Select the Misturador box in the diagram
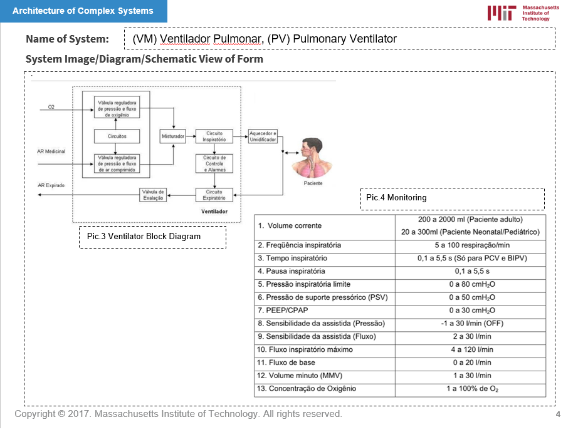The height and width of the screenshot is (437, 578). click(172, 136)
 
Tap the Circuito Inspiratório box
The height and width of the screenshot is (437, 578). click(214, 136)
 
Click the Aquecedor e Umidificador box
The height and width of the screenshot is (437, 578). click(263, 136)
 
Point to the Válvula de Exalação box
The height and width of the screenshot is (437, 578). click(153, 195)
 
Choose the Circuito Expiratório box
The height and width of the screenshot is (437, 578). click(214, 195)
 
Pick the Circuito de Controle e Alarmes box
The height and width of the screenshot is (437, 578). click(214, 163)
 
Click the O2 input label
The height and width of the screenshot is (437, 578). click(51, 108)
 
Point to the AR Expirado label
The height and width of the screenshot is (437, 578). click(51, 185)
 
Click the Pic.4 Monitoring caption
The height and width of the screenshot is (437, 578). click(396, 198)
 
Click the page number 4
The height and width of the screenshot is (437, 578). click(558, 415)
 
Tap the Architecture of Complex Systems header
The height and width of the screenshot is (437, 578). click(83, 11)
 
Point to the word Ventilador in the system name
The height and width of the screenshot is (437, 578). click(184, 39)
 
